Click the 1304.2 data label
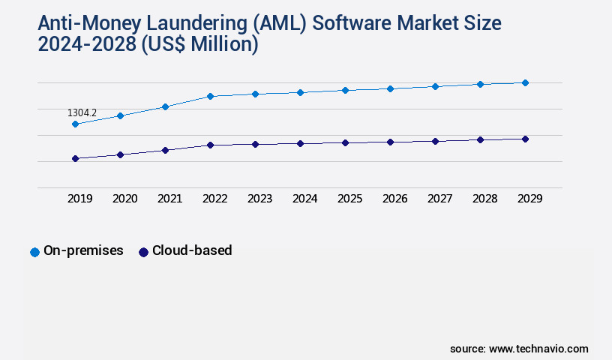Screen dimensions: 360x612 (82, 113)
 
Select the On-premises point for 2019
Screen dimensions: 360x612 (75, 124)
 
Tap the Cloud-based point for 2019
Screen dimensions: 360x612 (75, 158)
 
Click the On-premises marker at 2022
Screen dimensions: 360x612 (210, 96)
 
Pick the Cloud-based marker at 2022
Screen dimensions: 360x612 (210, 145)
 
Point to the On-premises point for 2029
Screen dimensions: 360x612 (525, 82)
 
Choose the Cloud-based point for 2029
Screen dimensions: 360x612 (525, 139)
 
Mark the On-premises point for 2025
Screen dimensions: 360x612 (345, 90)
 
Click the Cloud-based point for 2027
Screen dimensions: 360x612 (435, 141)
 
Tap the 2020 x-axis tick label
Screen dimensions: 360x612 (125, 199)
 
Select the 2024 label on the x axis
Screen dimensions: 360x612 (305, 199)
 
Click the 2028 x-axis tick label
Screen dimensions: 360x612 (485, 199)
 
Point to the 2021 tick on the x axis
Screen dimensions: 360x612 (170, 199)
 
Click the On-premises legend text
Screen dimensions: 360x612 (83, 251)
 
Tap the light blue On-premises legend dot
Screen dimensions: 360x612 (34, 252)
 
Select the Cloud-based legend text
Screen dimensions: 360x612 (192, 251)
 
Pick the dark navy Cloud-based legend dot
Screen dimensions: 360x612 (143, 252)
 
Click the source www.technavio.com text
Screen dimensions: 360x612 (519, 349)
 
